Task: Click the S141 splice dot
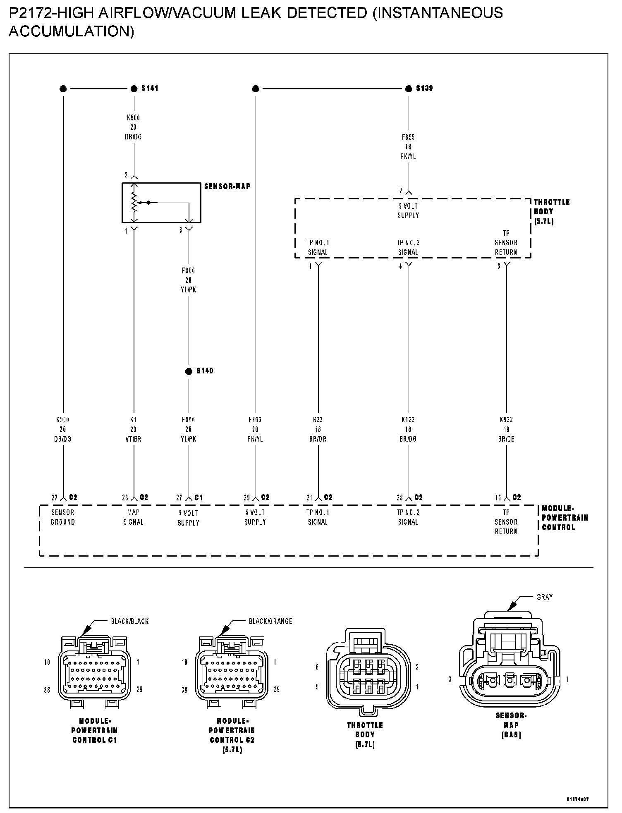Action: (x=134, y=88)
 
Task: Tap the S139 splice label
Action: (x=424, y=88)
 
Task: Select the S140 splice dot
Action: (x=189, y=371)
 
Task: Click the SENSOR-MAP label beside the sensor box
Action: (x=227, y=187)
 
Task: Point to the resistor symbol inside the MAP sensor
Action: (x=134, y=203)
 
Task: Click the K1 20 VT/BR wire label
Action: (x=133, y=429)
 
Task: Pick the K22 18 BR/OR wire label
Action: (x=318, y=429)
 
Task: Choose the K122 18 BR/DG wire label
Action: (x=408, y=429)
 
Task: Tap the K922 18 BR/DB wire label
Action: (x=506, y=429)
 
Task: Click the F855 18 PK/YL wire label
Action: (x=408, y=147)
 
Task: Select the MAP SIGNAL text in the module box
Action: (x=133, y=517)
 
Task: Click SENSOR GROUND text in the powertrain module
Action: (x=63, y=517)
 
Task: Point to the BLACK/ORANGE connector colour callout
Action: (x=270, y=621)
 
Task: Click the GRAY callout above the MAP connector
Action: (x=544, y=597)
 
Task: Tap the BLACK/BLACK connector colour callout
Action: (x=129, y=621)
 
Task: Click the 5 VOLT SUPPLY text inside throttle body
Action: (x=408, y=210)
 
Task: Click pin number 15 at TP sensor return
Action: (x=498, y=498)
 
